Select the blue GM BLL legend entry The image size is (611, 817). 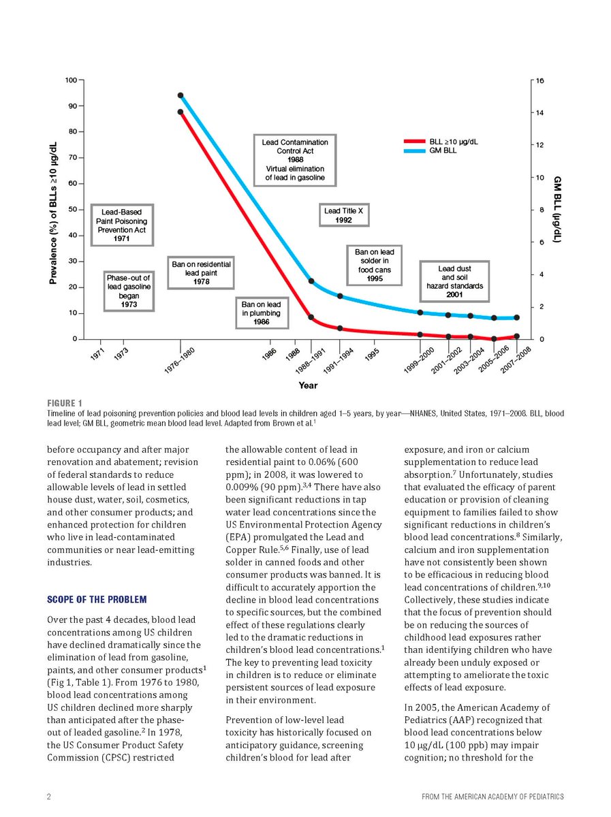[443, 150]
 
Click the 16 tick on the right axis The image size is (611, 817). [539, 80]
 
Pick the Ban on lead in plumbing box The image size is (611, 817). [262, 313]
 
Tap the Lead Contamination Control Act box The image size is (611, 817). [295, 159]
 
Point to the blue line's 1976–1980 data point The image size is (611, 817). [181, 95]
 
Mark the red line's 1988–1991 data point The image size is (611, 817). [311, 317]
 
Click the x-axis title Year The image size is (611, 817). [307, 385]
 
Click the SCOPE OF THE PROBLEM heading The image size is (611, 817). [96, 599]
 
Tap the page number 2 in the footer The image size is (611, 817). [50, 796]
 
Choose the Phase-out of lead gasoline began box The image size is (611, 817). [128, 291]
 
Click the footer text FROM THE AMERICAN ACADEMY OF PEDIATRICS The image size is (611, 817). [488, 796]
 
